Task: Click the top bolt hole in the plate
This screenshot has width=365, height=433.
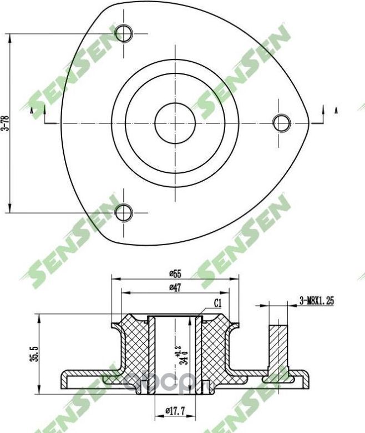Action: pyautogui.click(x=124, y=34)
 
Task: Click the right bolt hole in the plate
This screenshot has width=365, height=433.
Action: pyautogui.click(x=282, y=122)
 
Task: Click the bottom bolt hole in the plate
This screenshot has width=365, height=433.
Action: pyautogui.click(x=123, y=212)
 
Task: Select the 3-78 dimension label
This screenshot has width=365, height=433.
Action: pyautogui.click(x=6, y=123)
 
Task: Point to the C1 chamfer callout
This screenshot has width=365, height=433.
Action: pyautogui.click(x=218, y=303)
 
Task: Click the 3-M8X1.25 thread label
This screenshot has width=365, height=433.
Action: pyautogui.click(x=317, y=301)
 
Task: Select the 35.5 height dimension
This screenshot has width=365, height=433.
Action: pyautogui.click(x=35, y=354)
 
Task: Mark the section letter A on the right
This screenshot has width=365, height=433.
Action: pyautogui.click(x=336, y=110)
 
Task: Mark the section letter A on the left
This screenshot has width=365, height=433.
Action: pyautogui.click(x=32, y=112)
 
